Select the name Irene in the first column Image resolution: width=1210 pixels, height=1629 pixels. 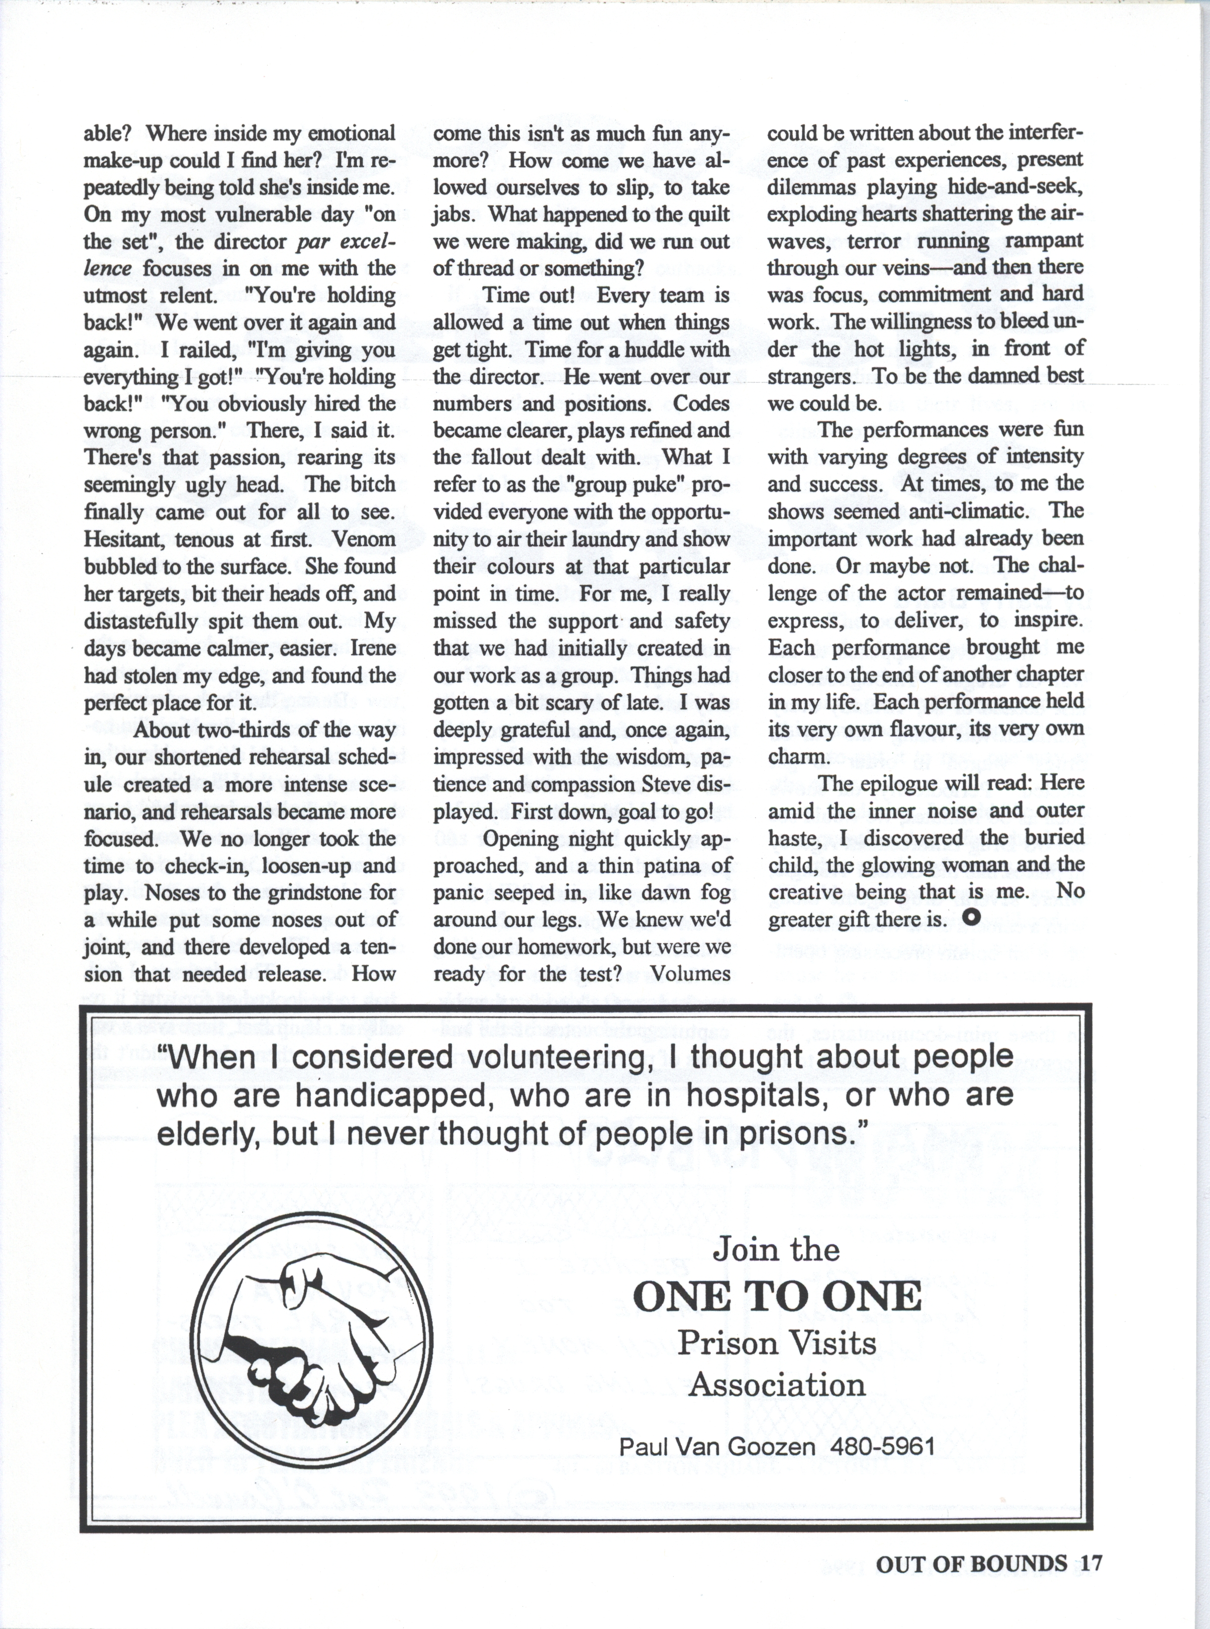pyautogui.click(x=374, y=648)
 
